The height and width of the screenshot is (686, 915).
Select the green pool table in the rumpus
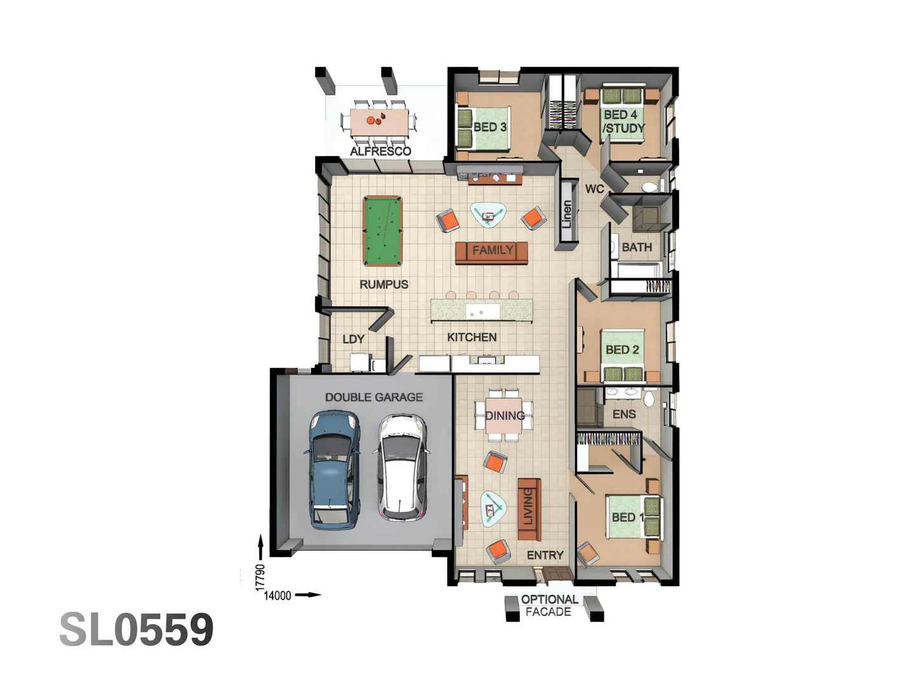coord(383,231)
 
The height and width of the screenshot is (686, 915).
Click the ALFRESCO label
coord(380,151)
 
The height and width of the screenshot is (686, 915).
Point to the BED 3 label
coord(489,127)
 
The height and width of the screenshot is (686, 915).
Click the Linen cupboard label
coord(567,215)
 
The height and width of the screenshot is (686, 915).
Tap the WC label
coord(594,189)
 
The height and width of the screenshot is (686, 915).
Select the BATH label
coord(636,247)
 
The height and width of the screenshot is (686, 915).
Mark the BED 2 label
coord(621,349)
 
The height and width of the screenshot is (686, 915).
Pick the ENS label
coord(624,414)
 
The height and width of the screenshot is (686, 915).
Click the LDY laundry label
coord(353,339)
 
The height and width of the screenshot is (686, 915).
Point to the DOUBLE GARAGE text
coord(374,397)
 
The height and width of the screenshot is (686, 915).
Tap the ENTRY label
coord(545,555)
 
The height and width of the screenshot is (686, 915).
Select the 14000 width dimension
coord(278,595)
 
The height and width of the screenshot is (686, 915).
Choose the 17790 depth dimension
coord(260,577)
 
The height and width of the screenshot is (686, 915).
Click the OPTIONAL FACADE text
coord(549,605)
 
